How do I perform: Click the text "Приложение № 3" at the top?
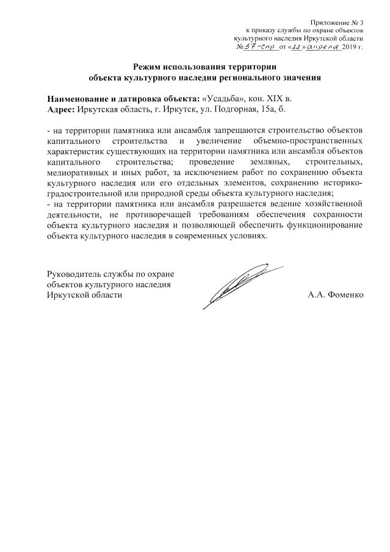pyautogui.click(x=336, y=21)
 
